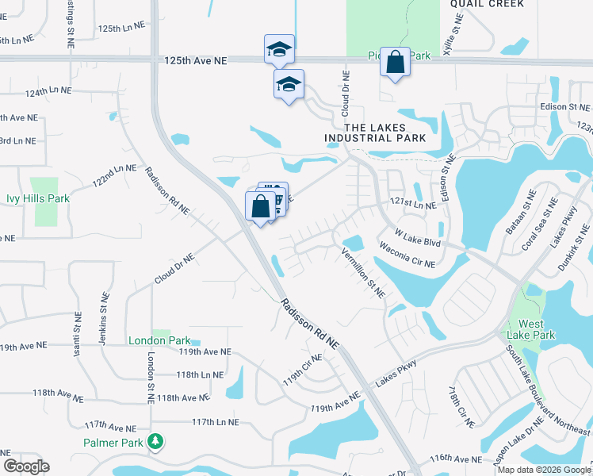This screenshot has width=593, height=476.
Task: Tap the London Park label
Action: click(x=159, y=340)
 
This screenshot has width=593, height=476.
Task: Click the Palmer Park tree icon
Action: click(x=157, y=440)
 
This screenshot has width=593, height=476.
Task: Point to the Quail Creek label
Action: click(x=487, y=4)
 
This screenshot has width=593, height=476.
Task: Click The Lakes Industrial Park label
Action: click(x=375, y=132)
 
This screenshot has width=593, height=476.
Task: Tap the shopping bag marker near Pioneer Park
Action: click(x=395, y=63)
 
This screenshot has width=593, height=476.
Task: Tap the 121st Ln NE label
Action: click(x=412, y=205)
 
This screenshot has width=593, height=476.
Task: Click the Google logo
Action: click(x=26, y=466)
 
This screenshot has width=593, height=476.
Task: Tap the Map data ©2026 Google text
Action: click(x=543, y=470)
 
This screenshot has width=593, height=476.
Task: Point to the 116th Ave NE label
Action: click(x=457, y=459)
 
